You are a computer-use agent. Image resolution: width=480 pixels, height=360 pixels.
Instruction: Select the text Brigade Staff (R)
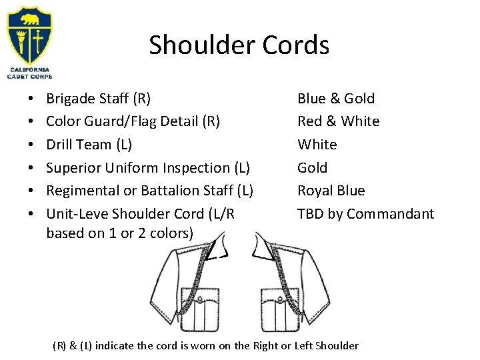coord(98,99)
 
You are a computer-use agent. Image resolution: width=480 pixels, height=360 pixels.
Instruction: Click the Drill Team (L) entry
coord(89,144)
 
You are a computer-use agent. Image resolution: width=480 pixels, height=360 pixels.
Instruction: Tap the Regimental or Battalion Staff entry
coord(149,191)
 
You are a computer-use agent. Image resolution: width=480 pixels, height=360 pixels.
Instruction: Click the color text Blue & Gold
coord(336,99)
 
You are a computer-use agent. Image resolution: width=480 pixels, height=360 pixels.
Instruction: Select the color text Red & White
coord(338,121)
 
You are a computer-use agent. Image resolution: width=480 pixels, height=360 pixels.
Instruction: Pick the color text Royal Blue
coord(331,191)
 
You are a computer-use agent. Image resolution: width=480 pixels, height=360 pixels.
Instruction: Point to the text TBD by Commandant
coord(365,214)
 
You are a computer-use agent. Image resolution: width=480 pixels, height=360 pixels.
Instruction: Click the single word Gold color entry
coord(312,167)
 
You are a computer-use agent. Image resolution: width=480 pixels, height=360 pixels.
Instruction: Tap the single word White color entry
coord(317,144)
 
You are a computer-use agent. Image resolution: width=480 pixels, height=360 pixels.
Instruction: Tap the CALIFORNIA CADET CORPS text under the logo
coord(29,74)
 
